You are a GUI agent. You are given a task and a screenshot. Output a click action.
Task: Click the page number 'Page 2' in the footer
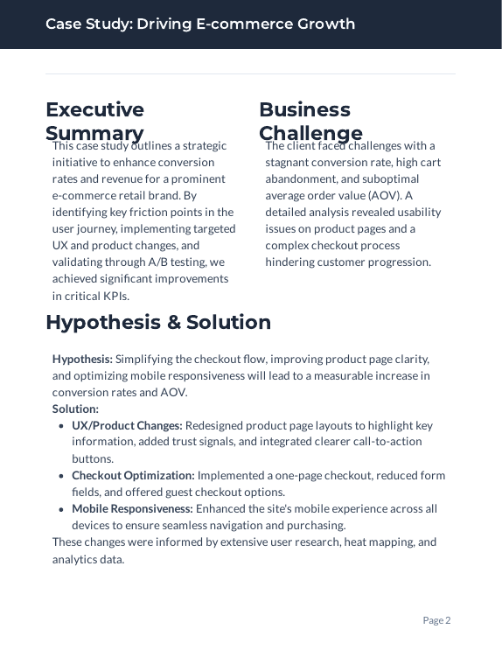(x=436, y=620)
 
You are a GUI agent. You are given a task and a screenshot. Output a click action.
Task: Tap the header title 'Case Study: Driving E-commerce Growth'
(x=200, y=24)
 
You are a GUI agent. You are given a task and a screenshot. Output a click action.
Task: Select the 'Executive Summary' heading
(x=94, y=121)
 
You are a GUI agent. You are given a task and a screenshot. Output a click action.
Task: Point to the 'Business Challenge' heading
(x=310, y=121)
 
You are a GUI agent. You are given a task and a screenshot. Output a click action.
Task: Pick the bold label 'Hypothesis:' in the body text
(x=82, y=359)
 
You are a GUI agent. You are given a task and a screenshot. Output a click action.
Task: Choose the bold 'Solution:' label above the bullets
(x=75, y=409)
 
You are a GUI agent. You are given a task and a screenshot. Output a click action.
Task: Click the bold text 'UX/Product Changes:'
(x=127, y=425)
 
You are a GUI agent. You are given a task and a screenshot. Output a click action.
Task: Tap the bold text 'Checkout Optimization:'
(x=133, y=475)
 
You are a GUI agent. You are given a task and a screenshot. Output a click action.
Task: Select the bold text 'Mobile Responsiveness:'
(x=132, y=508)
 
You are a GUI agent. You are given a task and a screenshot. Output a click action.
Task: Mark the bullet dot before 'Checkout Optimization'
(x=60, y=476)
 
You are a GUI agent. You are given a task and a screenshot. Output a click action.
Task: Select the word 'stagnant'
(x=288, y=162)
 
